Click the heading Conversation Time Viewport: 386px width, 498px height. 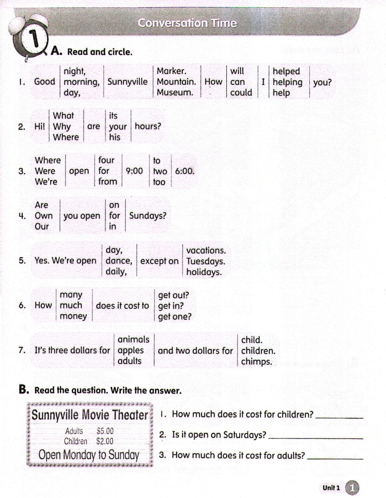(187, 23)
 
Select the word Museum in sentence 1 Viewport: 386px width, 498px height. (175, 92)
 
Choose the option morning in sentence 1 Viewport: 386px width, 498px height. (81, 82)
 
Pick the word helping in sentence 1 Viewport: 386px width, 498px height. (287, 82)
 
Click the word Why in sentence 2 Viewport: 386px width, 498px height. (62, 126)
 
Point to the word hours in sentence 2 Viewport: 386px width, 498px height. (148, 126)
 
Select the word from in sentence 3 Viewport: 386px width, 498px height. (107, 182)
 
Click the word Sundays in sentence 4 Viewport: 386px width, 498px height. (147, 216)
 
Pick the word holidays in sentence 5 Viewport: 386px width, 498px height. (204, 272)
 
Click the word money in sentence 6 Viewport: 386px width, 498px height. (73, 317)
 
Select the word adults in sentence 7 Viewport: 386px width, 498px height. (130, 361)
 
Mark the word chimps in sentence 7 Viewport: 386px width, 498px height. (257, 361)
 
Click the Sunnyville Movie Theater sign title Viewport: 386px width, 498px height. (90, 415)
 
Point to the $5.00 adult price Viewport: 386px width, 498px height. (105, 431)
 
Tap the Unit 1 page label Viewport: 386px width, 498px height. (332, 487)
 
